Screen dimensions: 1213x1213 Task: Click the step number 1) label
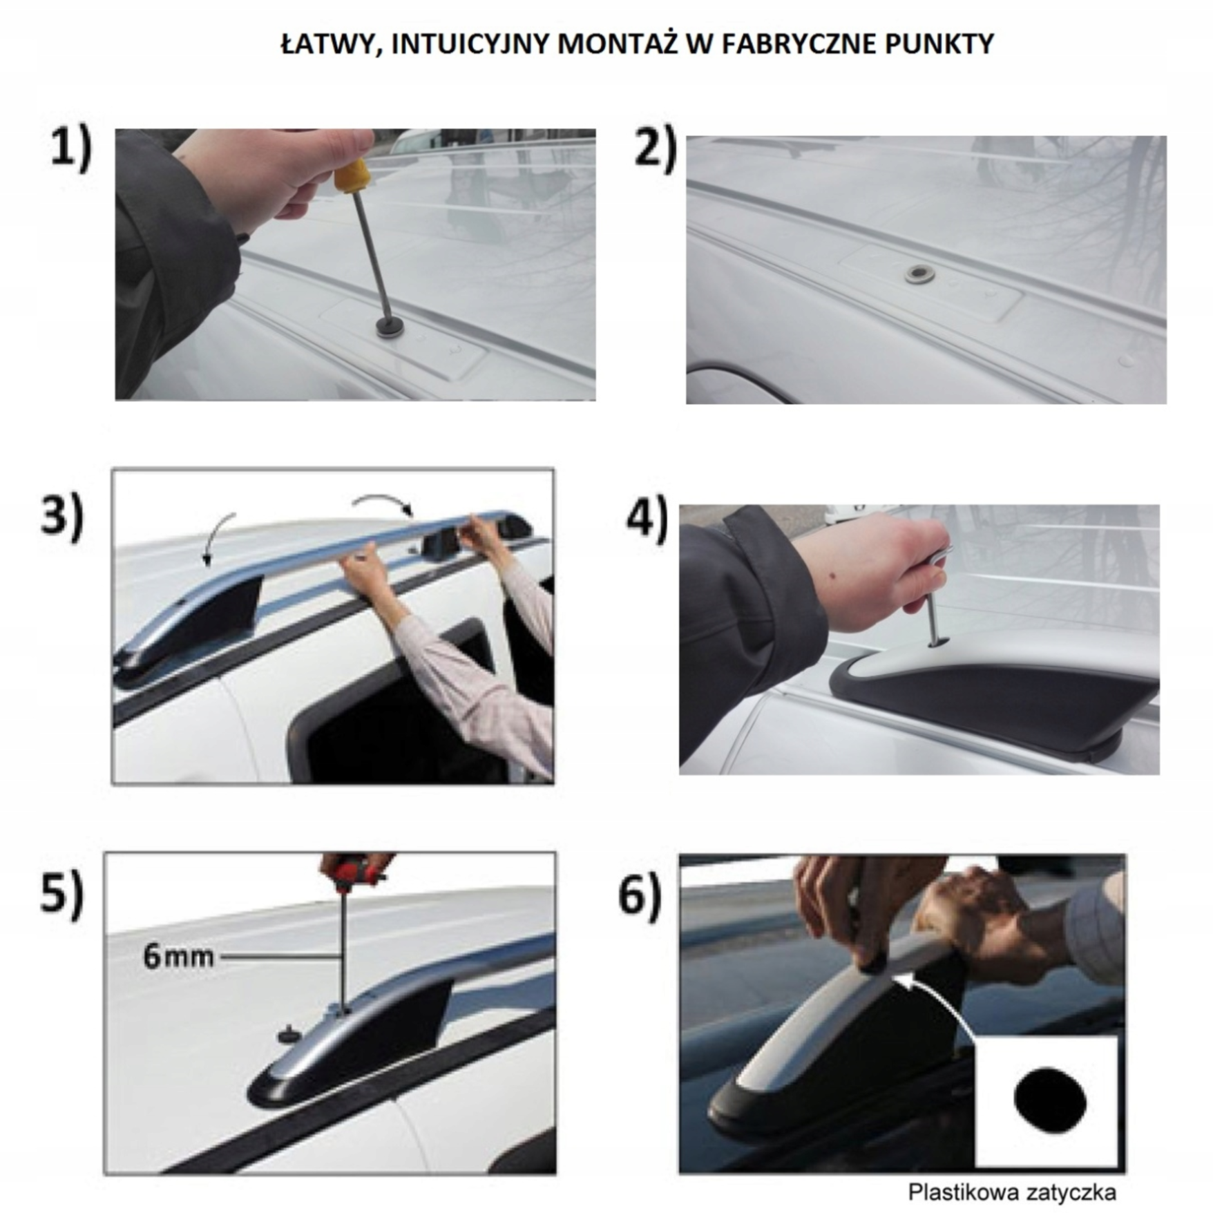pos(70,149)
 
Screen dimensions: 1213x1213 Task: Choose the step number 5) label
pos(62,894)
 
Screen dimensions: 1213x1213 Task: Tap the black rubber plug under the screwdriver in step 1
pos(391,327)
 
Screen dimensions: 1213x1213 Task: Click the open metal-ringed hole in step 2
pos(921,274)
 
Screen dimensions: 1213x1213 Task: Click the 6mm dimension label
pos(178,957)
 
